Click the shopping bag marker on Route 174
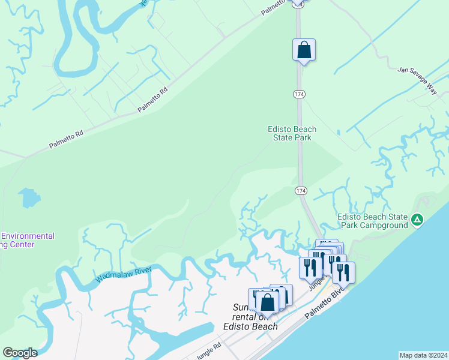point(304,50)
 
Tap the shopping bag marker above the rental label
point(268,301)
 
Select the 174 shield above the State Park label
point(298,94)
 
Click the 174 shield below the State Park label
point(301,190)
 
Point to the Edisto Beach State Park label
point(292,133)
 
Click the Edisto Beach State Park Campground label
point(372,221)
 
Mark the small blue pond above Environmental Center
point(28,197)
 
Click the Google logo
point(20,353)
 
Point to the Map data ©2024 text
point(423,355)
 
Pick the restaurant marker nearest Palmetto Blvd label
point(343,272)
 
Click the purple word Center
point(22,244)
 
